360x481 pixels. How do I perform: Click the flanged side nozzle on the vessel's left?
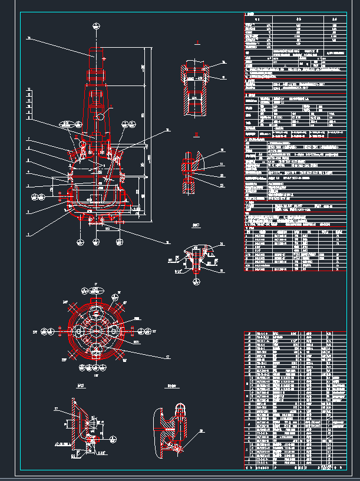coord(61,194)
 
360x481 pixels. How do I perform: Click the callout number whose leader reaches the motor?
coord(28,38)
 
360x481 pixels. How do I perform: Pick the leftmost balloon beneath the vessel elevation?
coord(80,241)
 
